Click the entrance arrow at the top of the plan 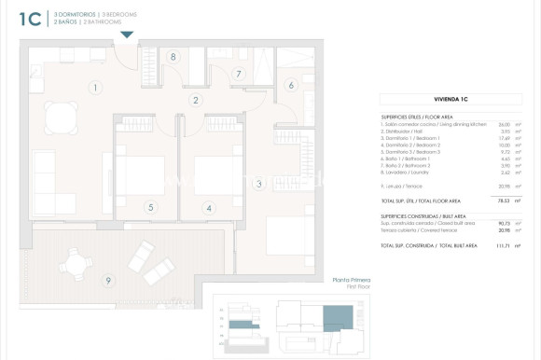click(127, 35)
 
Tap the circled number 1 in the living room click(95, 88)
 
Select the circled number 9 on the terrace click(108, 280)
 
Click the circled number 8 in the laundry click(173, 57)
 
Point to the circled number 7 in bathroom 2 click(239, 74)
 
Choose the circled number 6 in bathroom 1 click(290, 86)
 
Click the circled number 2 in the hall click(196, 100)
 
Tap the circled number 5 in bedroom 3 click(150, 207)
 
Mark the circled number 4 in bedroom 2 click(209, 208)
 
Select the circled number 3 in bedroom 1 click(259, 184)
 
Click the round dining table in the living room click(61, 117)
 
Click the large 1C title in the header click(29, 19)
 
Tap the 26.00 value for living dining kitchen click(504, 124)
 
